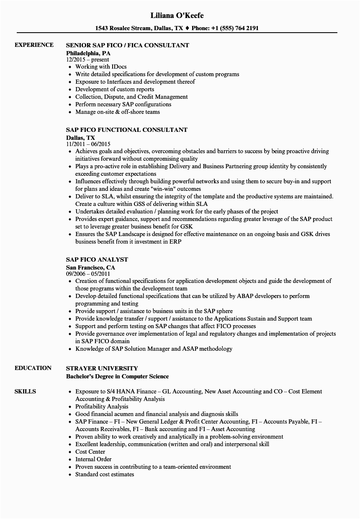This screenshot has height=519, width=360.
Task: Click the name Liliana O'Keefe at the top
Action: (177, 15)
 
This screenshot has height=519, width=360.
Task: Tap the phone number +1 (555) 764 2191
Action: (231, 28)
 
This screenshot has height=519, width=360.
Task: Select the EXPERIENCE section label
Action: (34, 45)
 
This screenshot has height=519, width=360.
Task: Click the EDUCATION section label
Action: (33, 368)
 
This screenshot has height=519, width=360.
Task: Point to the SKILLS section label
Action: (25, 392)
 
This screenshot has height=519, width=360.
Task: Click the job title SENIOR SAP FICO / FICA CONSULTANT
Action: (128, 45)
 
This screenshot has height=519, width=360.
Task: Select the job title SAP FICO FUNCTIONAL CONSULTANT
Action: (127, 130)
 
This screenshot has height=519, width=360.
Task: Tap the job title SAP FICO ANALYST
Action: (97, 259)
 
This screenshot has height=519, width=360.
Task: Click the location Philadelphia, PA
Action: (88, 53)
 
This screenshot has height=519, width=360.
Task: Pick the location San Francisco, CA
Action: (90, 267)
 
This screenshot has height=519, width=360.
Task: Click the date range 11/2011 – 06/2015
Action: (90, 144)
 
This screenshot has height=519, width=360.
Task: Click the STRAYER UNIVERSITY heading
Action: (102, 368)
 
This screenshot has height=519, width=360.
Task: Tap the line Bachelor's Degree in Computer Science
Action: (118, 376)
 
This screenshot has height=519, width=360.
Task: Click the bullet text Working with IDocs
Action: (101, 67)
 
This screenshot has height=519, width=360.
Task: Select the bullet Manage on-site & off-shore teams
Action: (118, 112)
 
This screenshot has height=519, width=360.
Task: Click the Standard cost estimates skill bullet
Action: (105, 474)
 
